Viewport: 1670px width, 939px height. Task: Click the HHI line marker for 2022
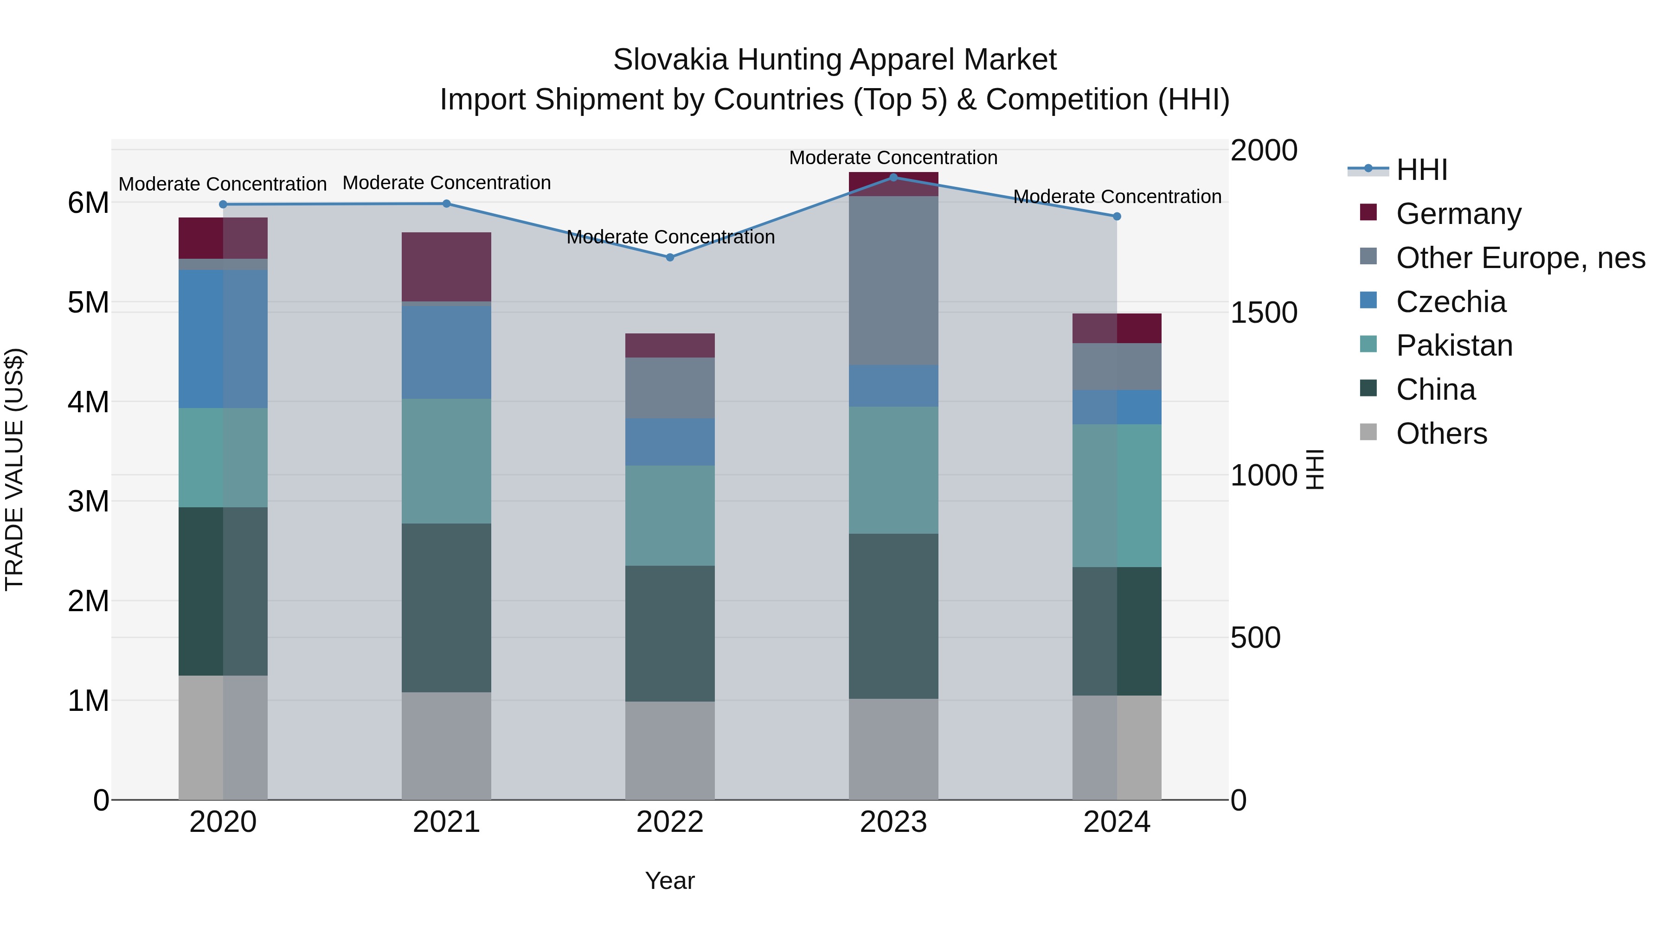(x=670, y=257)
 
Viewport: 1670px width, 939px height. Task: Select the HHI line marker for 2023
(x=893, y=177)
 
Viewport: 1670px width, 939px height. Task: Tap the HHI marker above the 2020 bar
(x=223, y=204)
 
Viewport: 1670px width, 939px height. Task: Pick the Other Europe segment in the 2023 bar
(x=893, y=280)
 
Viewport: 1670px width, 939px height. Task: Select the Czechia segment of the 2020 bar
(x=223, y=339)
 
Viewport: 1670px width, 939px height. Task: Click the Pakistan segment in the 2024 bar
(x=1117, y=496)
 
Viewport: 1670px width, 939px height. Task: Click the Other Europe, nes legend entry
(x=1520, y=258)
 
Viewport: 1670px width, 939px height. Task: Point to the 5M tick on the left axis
(x=88, y=302)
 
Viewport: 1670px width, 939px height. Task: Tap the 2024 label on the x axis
(x=1117, y=822)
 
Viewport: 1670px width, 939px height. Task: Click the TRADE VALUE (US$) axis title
(x=14, y=469)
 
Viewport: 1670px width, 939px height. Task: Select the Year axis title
(x=670, y=881)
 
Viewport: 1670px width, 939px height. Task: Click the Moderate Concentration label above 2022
(x=670, y=237)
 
